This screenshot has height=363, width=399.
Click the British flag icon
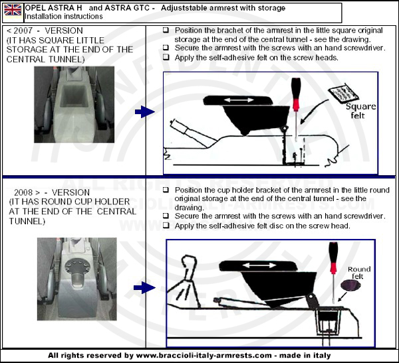[13, 10]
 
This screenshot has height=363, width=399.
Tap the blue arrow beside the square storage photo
[145, 111]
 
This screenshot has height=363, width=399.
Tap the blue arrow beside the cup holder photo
[144, 287]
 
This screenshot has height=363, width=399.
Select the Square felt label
[360, 111]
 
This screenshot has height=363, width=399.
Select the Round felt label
[359, 273]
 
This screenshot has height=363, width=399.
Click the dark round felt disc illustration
[350, 285]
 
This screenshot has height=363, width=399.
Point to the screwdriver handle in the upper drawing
[296, 94]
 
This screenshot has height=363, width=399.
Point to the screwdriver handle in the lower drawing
[333, 257]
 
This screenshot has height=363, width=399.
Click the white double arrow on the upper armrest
[239, 100]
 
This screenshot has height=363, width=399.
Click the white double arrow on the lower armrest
[259, 265]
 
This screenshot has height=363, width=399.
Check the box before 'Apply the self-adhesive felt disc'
[166, 225]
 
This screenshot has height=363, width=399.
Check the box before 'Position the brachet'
[166, 30]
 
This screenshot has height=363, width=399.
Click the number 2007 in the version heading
[23, 31]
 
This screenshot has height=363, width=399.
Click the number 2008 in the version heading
[23, 192]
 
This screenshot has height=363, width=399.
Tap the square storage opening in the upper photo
[74, 96]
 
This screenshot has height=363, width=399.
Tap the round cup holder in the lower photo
[78, 267]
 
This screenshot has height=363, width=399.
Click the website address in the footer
[204, 355]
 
